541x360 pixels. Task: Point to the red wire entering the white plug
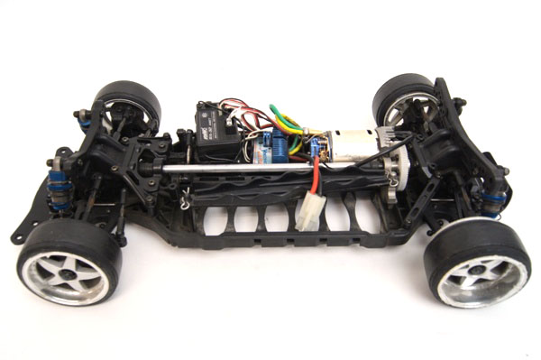[315, 182]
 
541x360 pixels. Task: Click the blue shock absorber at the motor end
[494, 198]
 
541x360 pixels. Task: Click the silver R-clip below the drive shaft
[187, 199]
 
